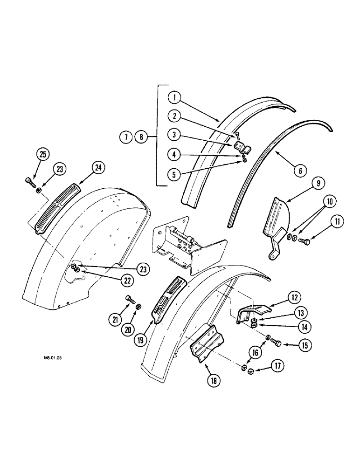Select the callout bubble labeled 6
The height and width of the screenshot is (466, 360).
(x=299, y=171)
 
